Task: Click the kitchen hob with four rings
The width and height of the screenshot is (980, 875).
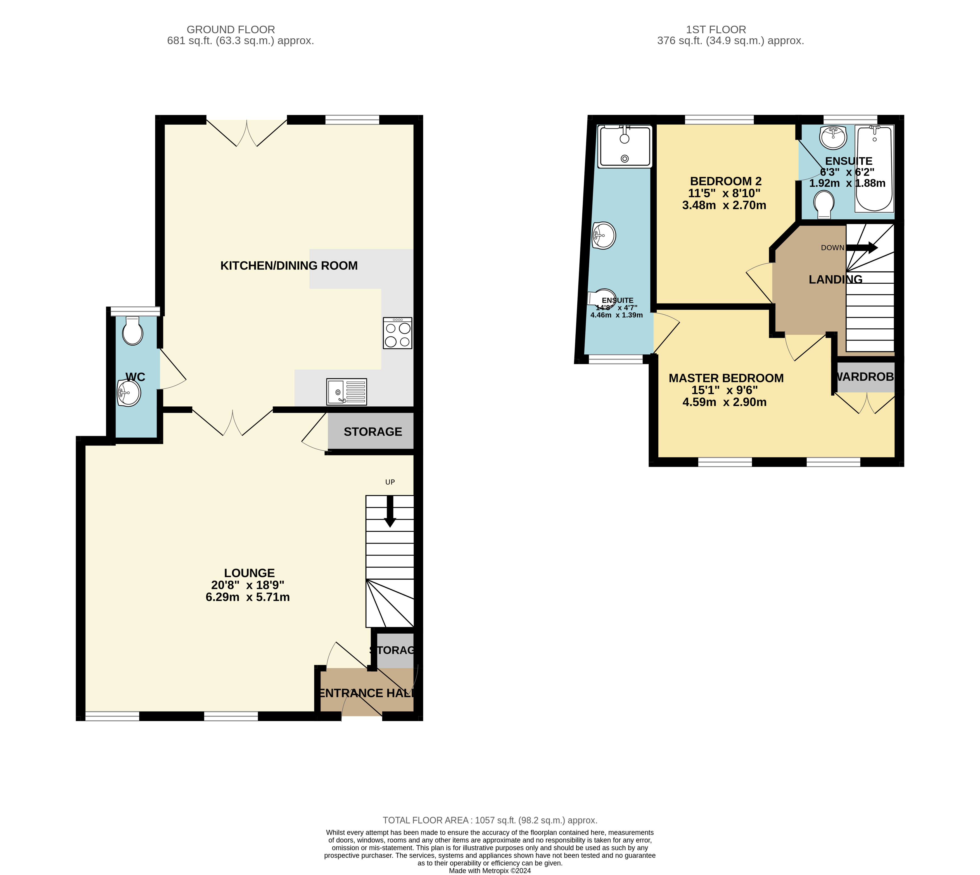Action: tap(397, 333)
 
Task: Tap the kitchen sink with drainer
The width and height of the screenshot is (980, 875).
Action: tap(347, 391)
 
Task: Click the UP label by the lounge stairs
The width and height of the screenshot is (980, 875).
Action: tap(390, 482)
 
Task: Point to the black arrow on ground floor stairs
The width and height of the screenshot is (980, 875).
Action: tap(390, 512)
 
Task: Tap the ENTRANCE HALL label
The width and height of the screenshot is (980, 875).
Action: tap(367, 693)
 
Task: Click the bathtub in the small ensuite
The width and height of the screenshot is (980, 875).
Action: tap(874, 168)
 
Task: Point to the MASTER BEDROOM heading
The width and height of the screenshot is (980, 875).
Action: tap(726, 378)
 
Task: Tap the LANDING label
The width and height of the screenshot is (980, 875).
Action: tap(835, 279)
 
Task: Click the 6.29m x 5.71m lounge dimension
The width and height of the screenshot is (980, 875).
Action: tap(248, 597)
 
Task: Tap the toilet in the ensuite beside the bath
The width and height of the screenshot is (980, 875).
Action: tap(824, 204)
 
